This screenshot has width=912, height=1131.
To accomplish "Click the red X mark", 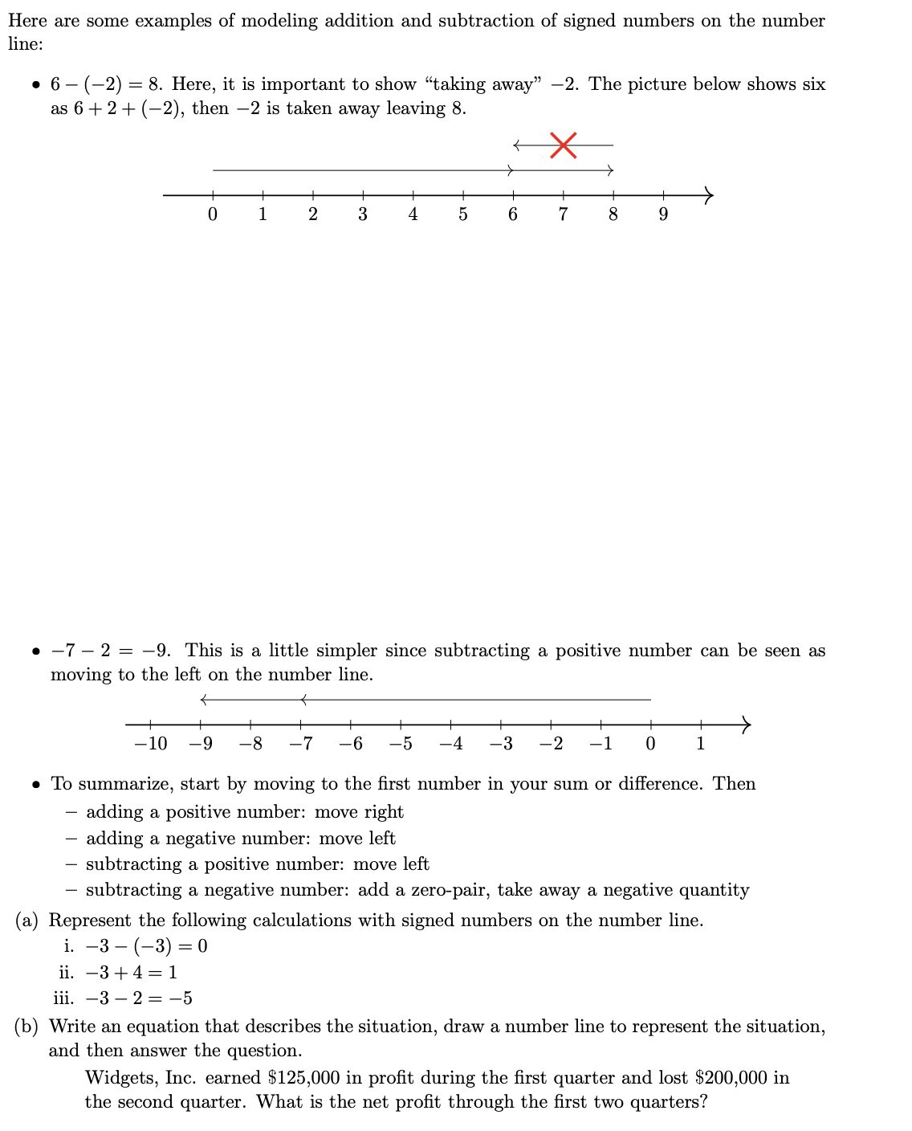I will pyautogui.click(x=564, y=145).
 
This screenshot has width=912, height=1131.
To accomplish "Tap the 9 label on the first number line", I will pyautogui.click(x=663, y=214).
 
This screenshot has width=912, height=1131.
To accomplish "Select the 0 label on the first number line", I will pyautogui.click(x=212, y=214).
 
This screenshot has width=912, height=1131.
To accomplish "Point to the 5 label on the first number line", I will pyautogui.click(x=463, y=214).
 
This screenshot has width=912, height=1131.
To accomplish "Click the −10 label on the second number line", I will pyautogui.click(x=150, y=744).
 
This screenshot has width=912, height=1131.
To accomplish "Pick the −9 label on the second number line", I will pyautogui.click(x=201, y=744).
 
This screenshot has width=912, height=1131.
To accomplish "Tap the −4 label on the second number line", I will pyautogui.click(x=451, y=744).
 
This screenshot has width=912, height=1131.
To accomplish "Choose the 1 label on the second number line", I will pyautogui.click(x=700, y=744).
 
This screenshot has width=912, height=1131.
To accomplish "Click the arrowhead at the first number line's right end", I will pyautogui.click(x=707, y=194).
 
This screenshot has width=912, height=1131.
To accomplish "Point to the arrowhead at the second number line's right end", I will pyautogui.click(x=746, y=724).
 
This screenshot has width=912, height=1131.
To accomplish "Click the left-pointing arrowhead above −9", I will pyautogui.click(x=205, y=700).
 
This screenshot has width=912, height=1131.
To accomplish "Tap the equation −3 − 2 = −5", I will pyautogui.click(x=139, y=998).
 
